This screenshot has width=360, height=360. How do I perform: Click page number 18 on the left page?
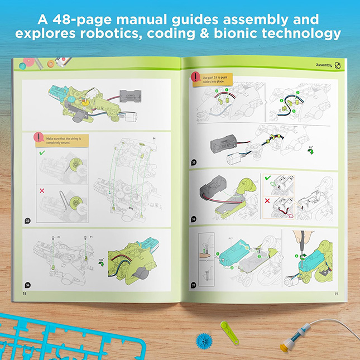(x=24, y=292)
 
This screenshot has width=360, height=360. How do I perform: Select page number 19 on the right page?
(x=336, y=292)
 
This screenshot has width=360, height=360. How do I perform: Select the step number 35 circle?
(x=193, y=162)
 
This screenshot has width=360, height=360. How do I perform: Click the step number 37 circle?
(x=193, y=285)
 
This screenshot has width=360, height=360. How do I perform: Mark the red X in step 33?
(x=42, y=190)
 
